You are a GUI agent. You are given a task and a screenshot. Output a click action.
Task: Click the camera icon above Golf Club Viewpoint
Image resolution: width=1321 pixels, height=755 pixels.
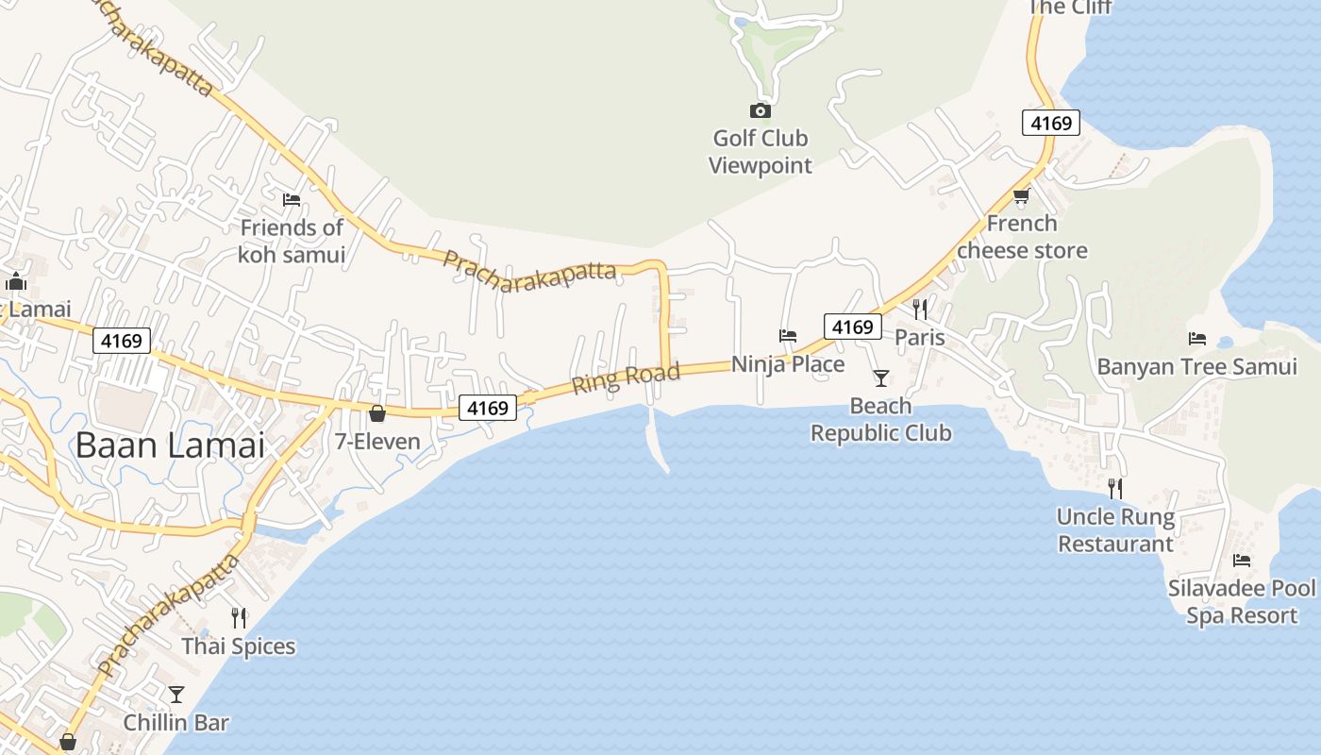tap(760, 110)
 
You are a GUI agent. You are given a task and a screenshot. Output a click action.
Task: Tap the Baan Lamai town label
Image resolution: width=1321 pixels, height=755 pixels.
tap(170, 445)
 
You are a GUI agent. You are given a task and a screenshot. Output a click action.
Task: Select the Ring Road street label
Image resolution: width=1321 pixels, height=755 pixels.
tap(626, 377)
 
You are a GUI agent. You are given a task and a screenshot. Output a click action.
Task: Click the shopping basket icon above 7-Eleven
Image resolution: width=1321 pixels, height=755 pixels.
tap(377, 413)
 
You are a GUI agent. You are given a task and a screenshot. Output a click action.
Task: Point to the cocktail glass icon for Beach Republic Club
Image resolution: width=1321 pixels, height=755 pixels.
tap(880, 378)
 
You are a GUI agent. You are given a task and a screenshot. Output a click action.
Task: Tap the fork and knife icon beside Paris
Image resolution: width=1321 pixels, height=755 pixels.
tap(920, 309)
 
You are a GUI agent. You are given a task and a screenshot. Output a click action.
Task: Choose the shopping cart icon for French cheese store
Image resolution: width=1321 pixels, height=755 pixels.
tap(1021, 196)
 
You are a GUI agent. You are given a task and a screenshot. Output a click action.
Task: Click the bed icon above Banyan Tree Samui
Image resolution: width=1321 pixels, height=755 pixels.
tap(1197, 338)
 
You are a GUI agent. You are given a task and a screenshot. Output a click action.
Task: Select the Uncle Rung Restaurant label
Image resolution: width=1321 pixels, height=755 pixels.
tap(1115, 530)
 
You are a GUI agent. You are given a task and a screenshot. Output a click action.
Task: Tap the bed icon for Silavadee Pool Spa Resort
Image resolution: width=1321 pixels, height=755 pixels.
tap(1242, 561)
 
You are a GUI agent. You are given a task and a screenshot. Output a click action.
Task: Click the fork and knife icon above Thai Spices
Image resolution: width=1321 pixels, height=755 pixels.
tap(239, 618)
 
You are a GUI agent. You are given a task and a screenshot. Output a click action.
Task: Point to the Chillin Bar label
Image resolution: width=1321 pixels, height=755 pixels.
tap(176, 723)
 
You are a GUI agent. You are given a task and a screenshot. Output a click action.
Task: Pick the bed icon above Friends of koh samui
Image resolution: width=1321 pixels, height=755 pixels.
tap(292, 200)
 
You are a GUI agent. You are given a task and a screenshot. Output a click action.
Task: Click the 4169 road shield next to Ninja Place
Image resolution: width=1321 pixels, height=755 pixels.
tap(852, 327)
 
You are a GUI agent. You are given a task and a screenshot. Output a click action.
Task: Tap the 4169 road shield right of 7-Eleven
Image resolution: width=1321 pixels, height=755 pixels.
tap(489, 408)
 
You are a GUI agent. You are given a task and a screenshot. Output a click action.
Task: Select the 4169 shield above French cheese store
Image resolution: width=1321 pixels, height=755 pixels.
tap(1050, 123)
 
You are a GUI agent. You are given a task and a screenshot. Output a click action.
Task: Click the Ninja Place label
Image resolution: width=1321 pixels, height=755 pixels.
tap(788, 363)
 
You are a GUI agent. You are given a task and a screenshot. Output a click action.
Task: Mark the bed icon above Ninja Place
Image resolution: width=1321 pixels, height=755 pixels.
tap(788, 335)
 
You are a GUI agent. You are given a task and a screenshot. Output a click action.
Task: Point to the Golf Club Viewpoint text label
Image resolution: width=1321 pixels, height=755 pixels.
tap(760, 152)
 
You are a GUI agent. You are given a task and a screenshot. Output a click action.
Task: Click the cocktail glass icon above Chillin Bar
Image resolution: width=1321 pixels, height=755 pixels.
tap(176, 695)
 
